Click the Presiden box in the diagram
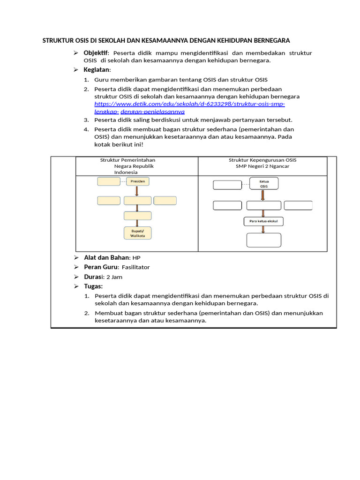coord(137,181)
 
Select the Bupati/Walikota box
coord(137,233)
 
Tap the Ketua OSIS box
coord(264,183)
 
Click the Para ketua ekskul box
coord(263,221)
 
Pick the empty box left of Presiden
coord(109,181)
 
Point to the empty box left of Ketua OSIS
coord(227,185)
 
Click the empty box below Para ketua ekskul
coord(264,240)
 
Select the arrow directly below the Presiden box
coord(137,191)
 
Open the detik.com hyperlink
coord(189,104)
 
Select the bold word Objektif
coord(96,52)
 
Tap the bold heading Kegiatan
coord(97,69)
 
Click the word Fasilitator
coord(135,267)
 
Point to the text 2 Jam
coord(114,277)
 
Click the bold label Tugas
coord(93,286)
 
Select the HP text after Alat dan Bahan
coord(136,258)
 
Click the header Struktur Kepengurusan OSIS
coord(262,160)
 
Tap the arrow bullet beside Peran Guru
coord(76,267)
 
